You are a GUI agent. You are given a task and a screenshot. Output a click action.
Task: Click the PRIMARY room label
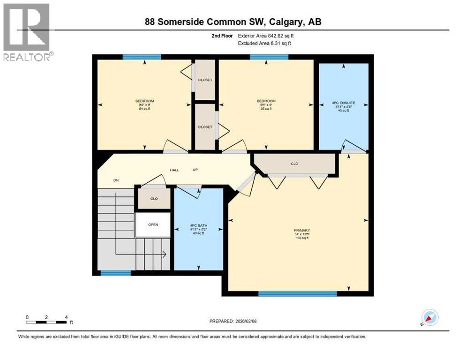click(301, 231)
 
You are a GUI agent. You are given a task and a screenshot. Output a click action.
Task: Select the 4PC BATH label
click(198, 225)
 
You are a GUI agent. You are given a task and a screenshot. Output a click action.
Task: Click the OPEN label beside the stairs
click(153, 225)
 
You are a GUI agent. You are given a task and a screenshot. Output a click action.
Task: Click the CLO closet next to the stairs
click(154, 198)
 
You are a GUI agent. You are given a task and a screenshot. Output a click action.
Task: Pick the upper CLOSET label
click(205, 80)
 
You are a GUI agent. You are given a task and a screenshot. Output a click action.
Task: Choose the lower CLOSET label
click(205, 127)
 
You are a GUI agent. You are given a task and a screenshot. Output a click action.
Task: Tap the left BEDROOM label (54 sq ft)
click(144, 101)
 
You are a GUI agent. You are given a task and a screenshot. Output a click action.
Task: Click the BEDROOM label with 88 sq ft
click(266, 101)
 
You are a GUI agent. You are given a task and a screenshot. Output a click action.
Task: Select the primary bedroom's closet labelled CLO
click(294, 164)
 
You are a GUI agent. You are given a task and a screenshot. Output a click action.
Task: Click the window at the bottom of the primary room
click(297, 294)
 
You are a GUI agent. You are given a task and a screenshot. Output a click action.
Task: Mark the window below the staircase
click(116, 273)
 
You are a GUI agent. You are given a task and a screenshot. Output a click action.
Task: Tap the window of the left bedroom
click(142, 57)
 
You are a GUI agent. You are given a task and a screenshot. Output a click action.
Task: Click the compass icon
click(429, 317)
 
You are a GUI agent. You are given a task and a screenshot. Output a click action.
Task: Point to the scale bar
click(46, 322)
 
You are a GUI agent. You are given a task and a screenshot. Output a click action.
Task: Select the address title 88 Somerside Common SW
click(233, 22)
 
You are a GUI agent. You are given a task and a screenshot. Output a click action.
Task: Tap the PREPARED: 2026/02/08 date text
click(233, 321)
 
